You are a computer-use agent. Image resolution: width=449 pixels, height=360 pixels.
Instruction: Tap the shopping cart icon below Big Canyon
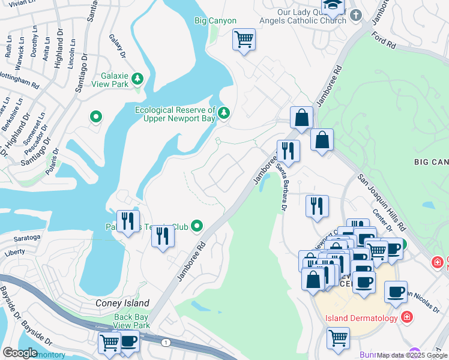pos(244,40)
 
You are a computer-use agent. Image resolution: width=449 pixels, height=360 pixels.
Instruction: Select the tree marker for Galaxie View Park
pos(137,79)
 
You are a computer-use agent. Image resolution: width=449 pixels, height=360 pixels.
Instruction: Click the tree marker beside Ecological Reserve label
pos(224,113)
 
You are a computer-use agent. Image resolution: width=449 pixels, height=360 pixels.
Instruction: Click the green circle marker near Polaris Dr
pos(95,117)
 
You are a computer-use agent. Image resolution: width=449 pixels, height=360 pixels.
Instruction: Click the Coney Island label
pos(122,303)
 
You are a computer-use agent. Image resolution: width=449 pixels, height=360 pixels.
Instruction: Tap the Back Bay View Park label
pos(131,321)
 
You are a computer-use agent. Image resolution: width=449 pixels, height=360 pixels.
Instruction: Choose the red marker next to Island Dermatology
pos(407,317)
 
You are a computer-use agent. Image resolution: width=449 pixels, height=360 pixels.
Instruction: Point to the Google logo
pos(20,352)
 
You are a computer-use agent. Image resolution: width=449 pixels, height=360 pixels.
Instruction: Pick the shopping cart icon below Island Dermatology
pos(338,338)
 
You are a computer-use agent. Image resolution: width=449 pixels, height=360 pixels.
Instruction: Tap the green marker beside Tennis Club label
pos(197,226)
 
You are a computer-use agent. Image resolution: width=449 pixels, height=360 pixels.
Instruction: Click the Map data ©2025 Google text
pos(411,355)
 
